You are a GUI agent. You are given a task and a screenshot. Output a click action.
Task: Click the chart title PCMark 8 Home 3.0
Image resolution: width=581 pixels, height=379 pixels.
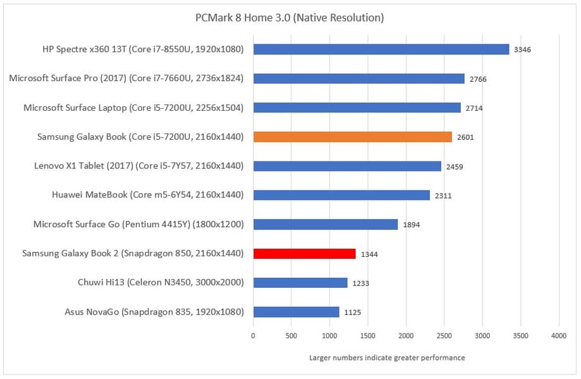click(290, 18)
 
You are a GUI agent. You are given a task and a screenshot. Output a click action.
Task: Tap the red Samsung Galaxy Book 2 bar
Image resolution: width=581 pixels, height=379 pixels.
click(304, 254)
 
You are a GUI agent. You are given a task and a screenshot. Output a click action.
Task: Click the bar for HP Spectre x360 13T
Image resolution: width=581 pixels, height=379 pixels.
click(381, 49)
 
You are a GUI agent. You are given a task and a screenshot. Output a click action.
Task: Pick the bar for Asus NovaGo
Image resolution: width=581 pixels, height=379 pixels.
click(296, 312)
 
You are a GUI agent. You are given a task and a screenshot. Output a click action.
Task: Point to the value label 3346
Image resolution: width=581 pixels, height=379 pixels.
click(523, 50)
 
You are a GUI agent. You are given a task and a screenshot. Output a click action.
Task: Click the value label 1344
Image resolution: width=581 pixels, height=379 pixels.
click(370, 254)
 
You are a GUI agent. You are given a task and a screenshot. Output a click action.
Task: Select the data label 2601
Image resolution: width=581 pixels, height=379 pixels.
click(466, 137)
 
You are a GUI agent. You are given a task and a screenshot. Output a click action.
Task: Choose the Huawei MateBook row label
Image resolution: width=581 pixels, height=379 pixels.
click(148, 195)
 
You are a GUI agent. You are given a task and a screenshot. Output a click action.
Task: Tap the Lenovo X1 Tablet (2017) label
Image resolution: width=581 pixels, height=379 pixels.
click(139, 166)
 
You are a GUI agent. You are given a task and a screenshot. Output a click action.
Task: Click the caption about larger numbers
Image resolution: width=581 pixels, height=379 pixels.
click(387, 357)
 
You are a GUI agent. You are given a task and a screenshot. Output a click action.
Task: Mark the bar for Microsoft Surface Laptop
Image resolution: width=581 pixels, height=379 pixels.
click(357, 108)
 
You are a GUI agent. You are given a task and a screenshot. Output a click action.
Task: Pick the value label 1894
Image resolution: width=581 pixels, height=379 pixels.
click(412, 225)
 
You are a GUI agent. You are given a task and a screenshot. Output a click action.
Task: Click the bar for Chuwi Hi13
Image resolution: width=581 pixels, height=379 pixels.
click(300, 283)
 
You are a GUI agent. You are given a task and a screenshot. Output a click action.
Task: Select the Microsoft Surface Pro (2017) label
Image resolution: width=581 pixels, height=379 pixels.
click(126, 78)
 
